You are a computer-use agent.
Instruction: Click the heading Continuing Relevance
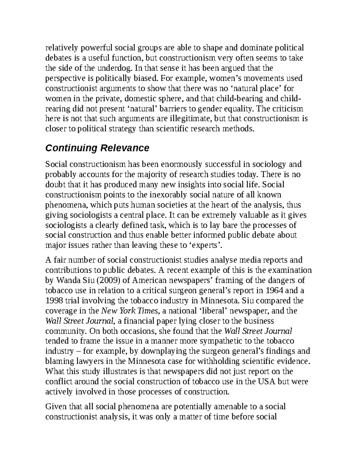(x=97, y=148)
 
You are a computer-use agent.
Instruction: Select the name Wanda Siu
(x=70, y=280)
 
